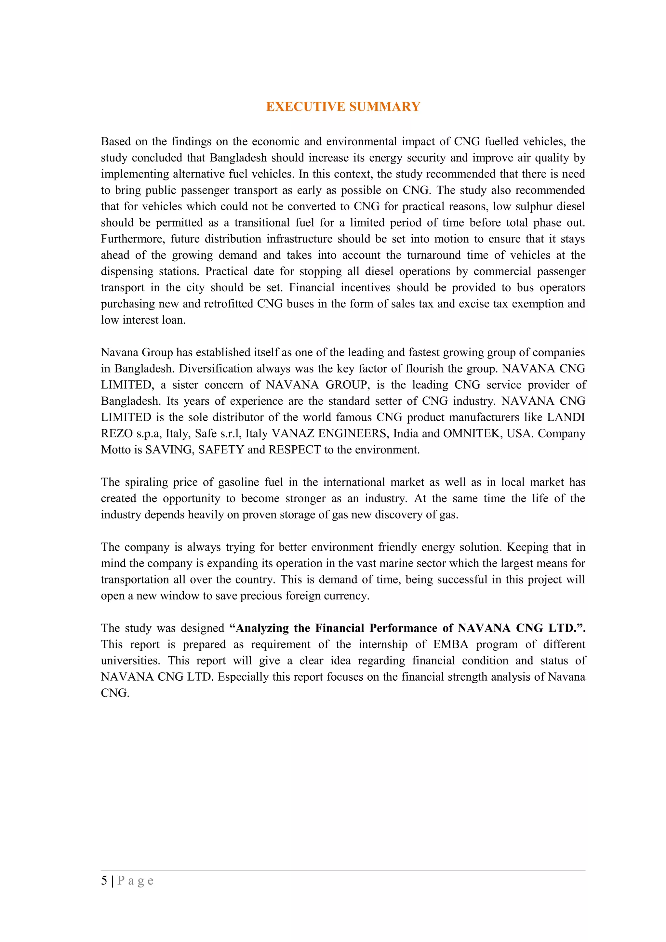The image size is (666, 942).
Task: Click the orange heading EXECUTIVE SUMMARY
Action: [343, 107]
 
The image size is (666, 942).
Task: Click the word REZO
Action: [117, 433]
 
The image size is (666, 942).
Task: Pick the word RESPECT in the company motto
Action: [294, 450]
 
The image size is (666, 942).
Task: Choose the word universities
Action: [130, 661]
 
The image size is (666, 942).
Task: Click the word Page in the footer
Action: [135, 881]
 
